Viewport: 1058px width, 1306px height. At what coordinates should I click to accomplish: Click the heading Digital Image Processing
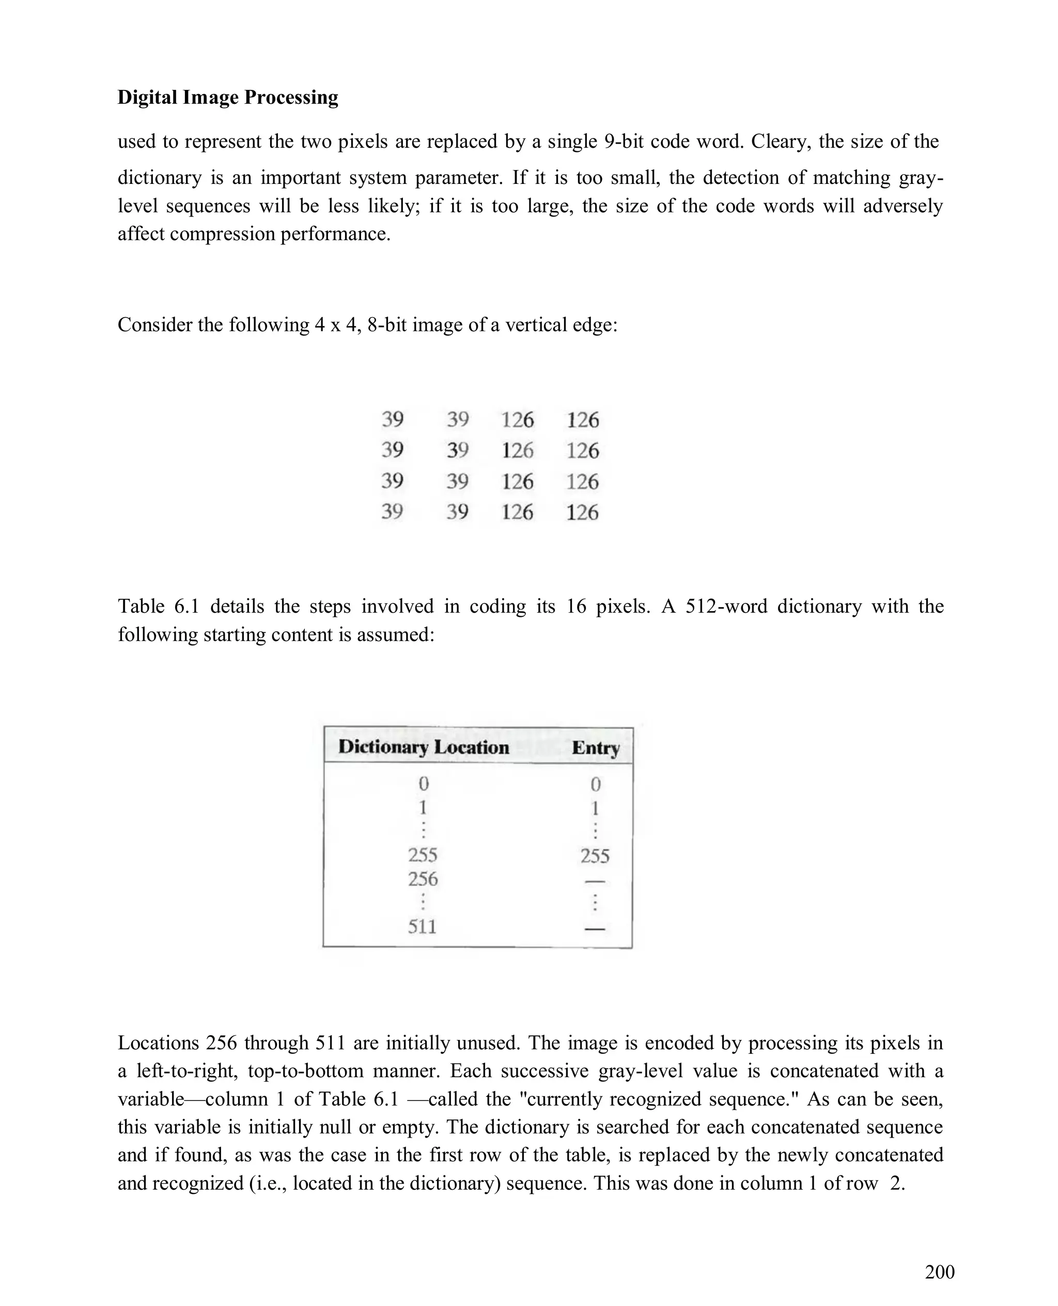point(227,98)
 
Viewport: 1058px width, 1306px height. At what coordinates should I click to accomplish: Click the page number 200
point(939,1272)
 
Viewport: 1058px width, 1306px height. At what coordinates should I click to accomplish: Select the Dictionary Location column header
point(423,747)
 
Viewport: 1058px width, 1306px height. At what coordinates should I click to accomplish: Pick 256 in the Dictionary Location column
point(423,879)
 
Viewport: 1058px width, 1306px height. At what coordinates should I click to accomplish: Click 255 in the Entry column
point(594,856)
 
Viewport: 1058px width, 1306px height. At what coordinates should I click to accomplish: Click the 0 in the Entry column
point(596,784)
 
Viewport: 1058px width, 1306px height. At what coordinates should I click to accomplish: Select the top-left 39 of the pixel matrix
point(393,419)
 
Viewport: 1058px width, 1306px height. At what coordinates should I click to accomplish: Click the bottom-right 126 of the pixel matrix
point(582,512)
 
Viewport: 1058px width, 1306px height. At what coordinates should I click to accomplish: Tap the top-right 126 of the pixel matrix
point(583,420)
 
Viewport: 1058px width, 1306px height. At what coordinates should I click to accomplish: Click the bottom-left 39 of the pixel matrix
point(392,511)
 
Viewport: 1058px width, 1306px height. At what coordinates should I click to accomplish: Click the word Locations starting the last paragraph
point(159,1043)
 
